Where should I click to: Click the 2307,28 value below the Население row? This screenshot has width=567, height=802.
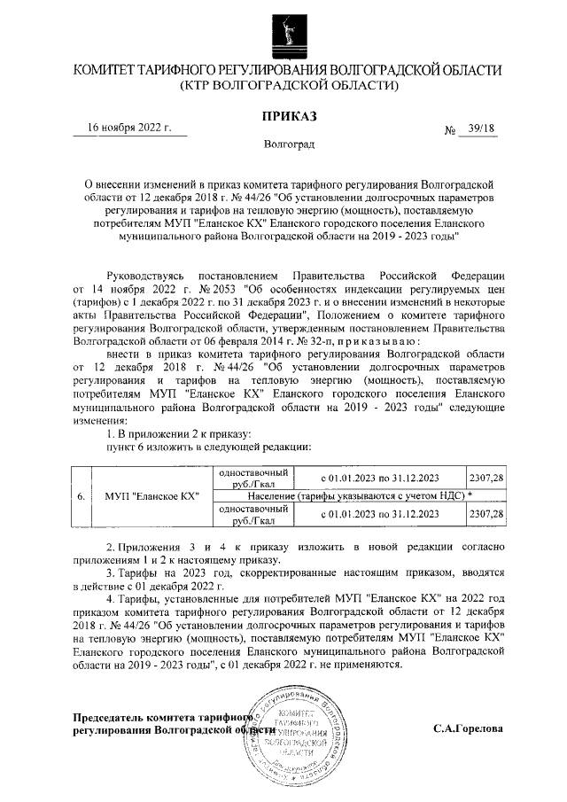point(485,514)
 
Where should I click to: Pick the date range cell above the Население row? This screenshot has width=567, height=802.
point(379,478)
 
